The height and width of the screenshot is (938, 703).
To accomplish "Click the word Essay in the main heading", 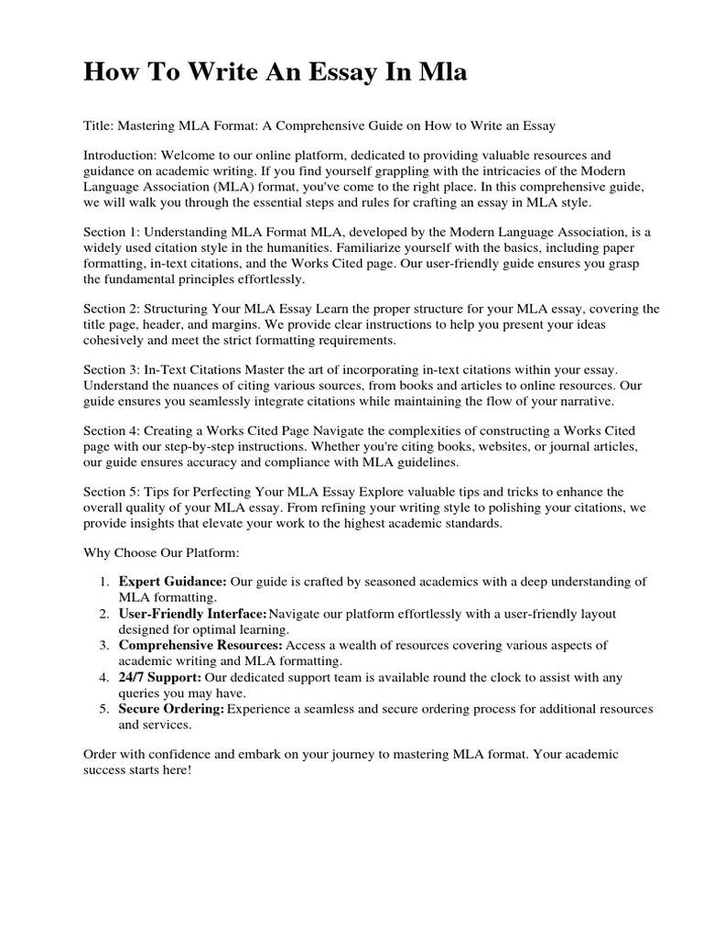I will [x=353, y=73].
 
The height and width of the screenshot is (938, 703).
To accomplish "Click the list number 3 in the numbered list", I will [x=104, y=645].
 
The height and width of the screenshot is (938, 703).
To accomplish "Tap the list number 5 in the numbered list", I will [x=104, y=709].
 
